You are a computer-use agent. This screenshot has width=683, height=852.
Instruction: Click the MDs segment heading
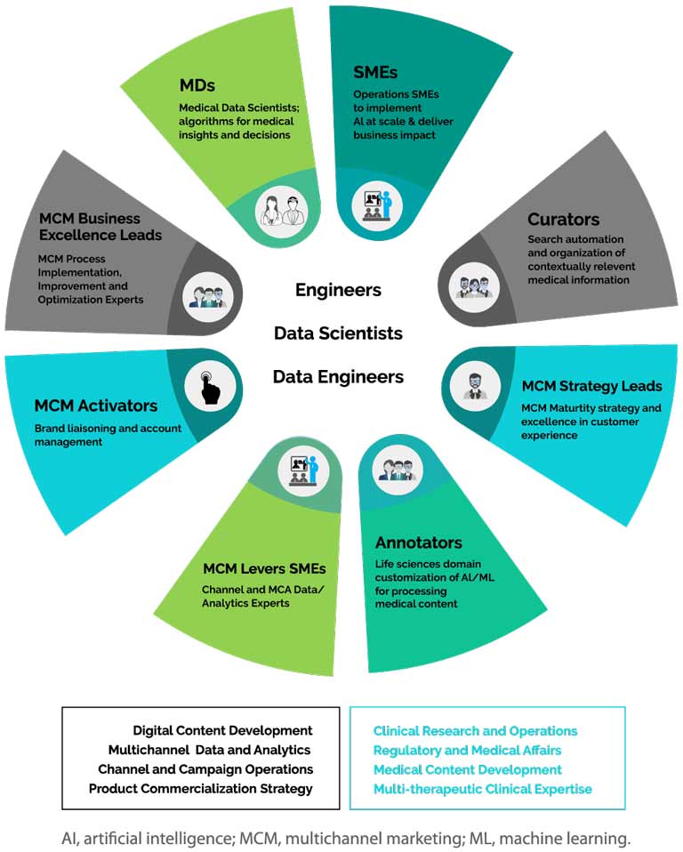pyautogui.click(x=198, y=86)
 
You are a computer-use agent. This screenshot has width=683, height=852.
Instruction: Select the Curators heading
pyautogui.click(x=563, y=219)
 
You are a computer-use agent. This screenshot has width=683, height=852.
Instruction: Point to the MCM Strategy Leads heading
pyautogui.click(x=591, y=386)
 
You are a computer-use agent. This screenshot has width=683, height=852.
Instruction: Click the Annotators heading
pyautogui.click(x=419, y=543)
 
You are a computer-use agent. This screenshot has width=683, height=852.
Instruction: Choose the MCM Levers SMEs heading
pyautogui.click(x=264, y=568)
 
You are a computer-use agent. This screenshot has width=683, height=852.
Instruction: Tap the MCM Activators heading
pyautogui.click(x=96, y=406)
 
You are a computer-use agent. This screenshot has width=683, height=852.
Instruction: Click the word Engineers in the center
pyautogui.click(x=338, y=290)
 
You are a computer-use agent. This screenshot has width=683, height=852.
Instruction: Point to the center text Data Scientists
pyautogui.click(x=338, y=334)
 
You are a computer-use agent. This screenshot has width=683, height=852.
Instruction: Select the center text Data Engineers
pyautogui.click(x=338, y=377)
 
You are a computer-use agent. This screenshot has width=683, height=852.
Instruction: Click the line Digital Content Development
pyautogui.click(x=222, y=730)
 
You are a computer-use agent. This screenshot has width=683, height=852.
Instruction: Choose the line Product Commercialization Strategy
pyautogui.click(x=201, y=788)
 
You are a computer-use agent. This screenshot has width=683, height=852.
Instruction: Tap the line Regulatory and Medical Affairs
pyautogui.click(x=467, y=751)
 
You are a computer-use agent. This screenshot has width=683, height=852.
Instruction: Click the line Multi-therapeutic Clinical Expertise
pyautogui.click(x=482, y=789)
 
